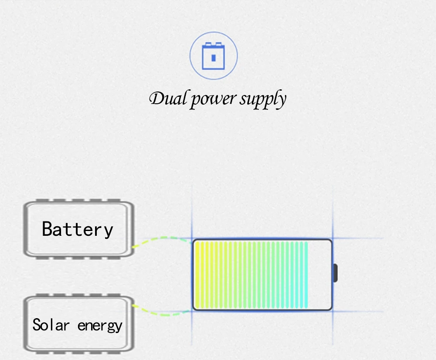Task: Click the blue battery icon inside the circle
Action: (x=213, y=56)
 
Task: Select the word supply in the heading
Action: (x=262, y=100)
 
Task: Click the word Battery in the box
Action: (x=78, y=229)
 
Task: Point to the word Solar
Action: (x=51, y=325)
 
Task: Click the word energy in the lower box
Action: (x=100, y=326)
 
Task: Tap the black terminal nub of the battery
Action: (x=335, y=273)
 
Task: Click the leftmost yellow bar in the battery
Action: (x=197, y=275)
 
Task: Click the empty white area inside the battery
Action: (x=320, y=275)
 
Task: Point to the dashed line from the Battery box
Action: (x=161, y=239)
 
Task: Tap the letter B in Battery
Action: (x=48, y=229)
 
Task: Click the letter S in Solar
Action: (x=37, y=325)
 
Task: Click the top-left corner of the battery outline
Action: (x=194, y=240)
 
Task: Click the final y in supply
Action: (x=282, y=101)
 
